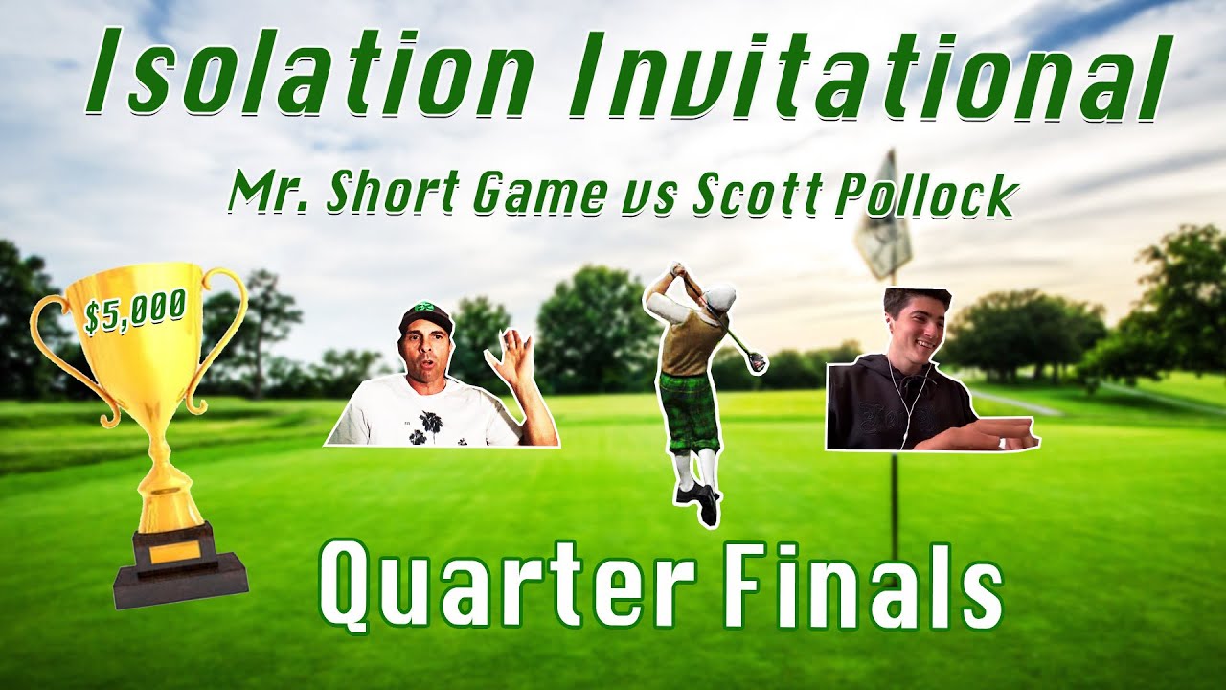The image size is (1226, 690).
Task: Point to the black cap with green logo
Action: pos(425,316)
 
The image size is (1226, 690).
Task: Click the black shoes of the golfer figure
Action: pos(698,501)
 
